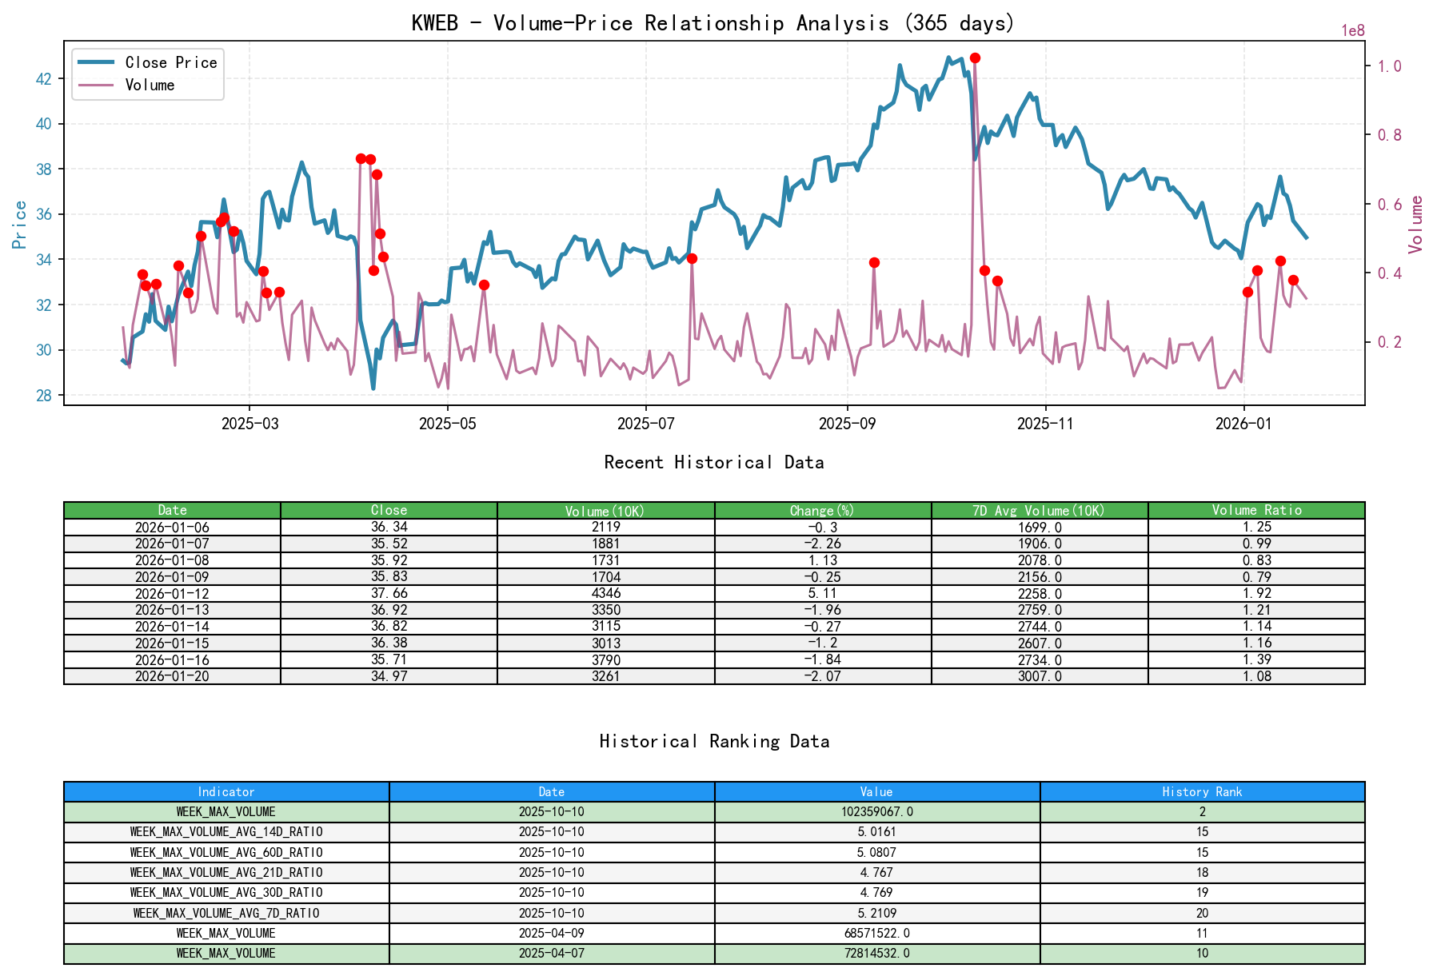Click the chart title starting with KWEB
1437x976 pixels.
713,23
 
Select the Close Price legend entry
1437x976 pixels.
170,63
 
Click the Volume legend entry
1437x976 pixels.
150,86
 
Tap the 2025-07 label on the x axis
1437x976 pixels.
645,424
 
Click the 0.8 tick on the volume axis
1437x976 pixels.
1389,135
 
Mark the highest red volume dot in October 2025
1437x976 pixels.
975,58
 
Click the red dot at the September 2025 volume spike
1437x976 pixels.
874,263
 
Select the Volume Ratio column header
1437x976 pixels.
1256,511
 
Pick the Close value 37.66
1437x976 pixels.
389,593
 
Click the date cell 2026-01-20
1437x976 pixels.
172,676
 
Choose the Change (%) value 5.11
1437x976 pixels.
823,593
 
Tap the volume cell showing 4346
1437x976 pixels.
606,593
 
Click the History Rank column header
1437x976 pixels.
1202,792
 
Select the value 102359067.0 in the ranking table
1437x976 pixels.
876,812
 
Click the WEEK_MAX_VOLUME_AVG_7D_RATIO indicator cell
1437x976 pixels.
226,914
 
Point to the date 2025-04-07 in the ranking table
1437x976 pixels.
552,954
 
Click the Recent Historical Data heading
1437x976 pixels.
713,463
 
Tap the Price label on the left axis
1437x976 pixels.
19,225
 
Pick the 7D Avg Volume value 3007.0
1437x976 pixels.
1040,676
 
